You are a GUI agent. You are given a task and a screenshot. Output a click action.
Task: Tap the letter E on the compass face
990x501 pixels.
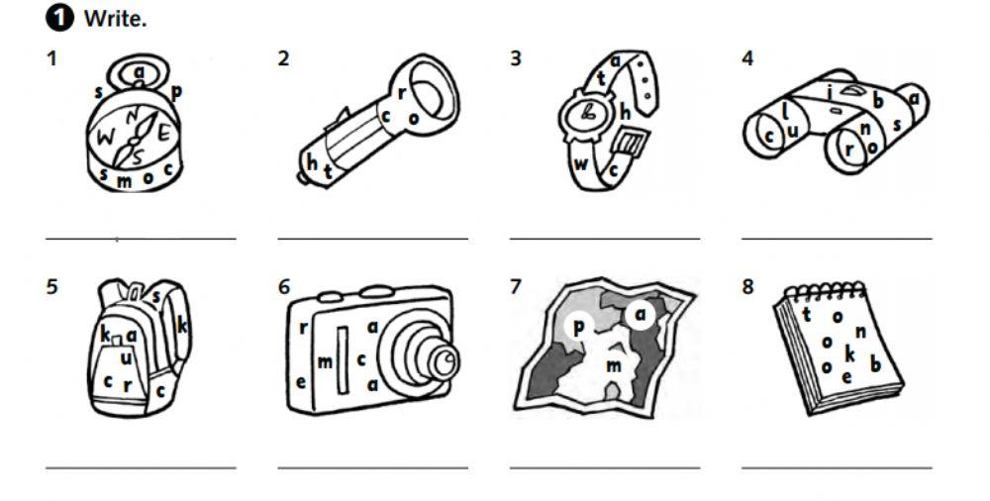click(x=163, y=134)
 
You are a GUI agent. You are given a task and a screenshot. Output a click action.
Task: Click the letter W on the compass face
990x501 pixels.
click(x=106, y=137)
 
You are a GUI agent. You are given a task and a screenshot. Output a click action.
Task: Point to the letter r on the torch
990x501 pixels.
click(x=401, y=93)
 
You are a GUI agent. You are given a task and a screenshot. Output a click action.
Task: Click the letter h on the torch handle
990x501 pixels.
click(x=312, y=161)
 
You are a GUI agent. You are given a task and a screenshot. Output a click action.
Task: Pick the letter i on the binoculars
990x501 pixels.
click(x=831, y=92)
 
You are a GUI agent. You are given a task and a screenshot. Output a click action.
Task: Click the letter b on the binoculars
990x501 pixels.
click(x=878, y=100)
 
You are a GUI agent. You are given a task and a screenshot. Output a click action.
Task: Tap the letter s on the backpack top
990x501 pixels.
click(x=156, y=295)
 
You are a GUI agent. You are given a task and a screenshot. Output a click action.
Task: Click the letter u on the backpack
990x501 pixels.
click(x=127, y=358)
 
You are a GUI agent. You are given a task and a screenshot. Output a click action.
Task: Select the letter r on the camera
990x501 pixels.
click(x=303, y=328)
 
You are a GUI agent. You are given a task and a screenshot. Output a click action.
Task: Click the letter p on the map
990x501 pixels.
click(x=578, y=328)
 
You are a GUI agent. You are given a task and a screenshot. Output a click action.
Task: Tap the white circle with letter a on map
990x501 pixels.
click(x=642, y=314)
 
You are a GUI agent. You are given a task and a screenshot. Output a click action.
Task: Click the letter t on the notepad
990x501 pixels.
click(x=806, y=314)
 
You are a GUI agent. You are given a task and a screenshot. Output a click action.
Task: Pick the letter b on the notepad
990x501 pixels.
click(x=875, y=364)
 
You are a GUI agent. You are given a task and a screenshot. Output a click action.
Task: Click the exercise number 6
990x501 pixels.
click(x=284, y=287)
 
